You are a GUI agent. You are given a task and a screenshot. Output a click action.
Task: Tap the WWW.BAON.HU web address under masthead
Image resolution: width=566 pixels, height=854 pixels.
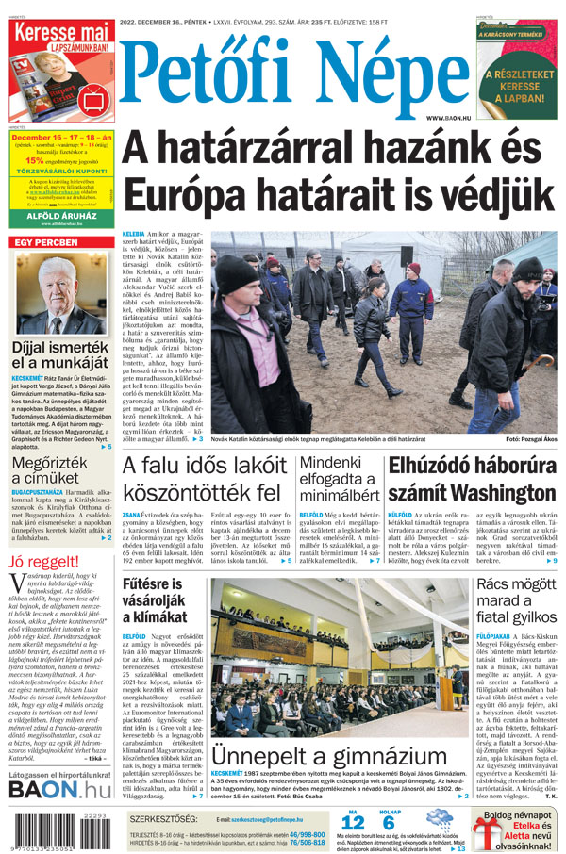(x=448, y=118)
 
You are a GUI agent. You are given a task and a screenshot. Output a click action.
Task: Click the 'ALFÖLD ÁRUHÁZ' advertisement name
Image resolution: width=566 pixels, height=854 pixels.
(x=59, y=214)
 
